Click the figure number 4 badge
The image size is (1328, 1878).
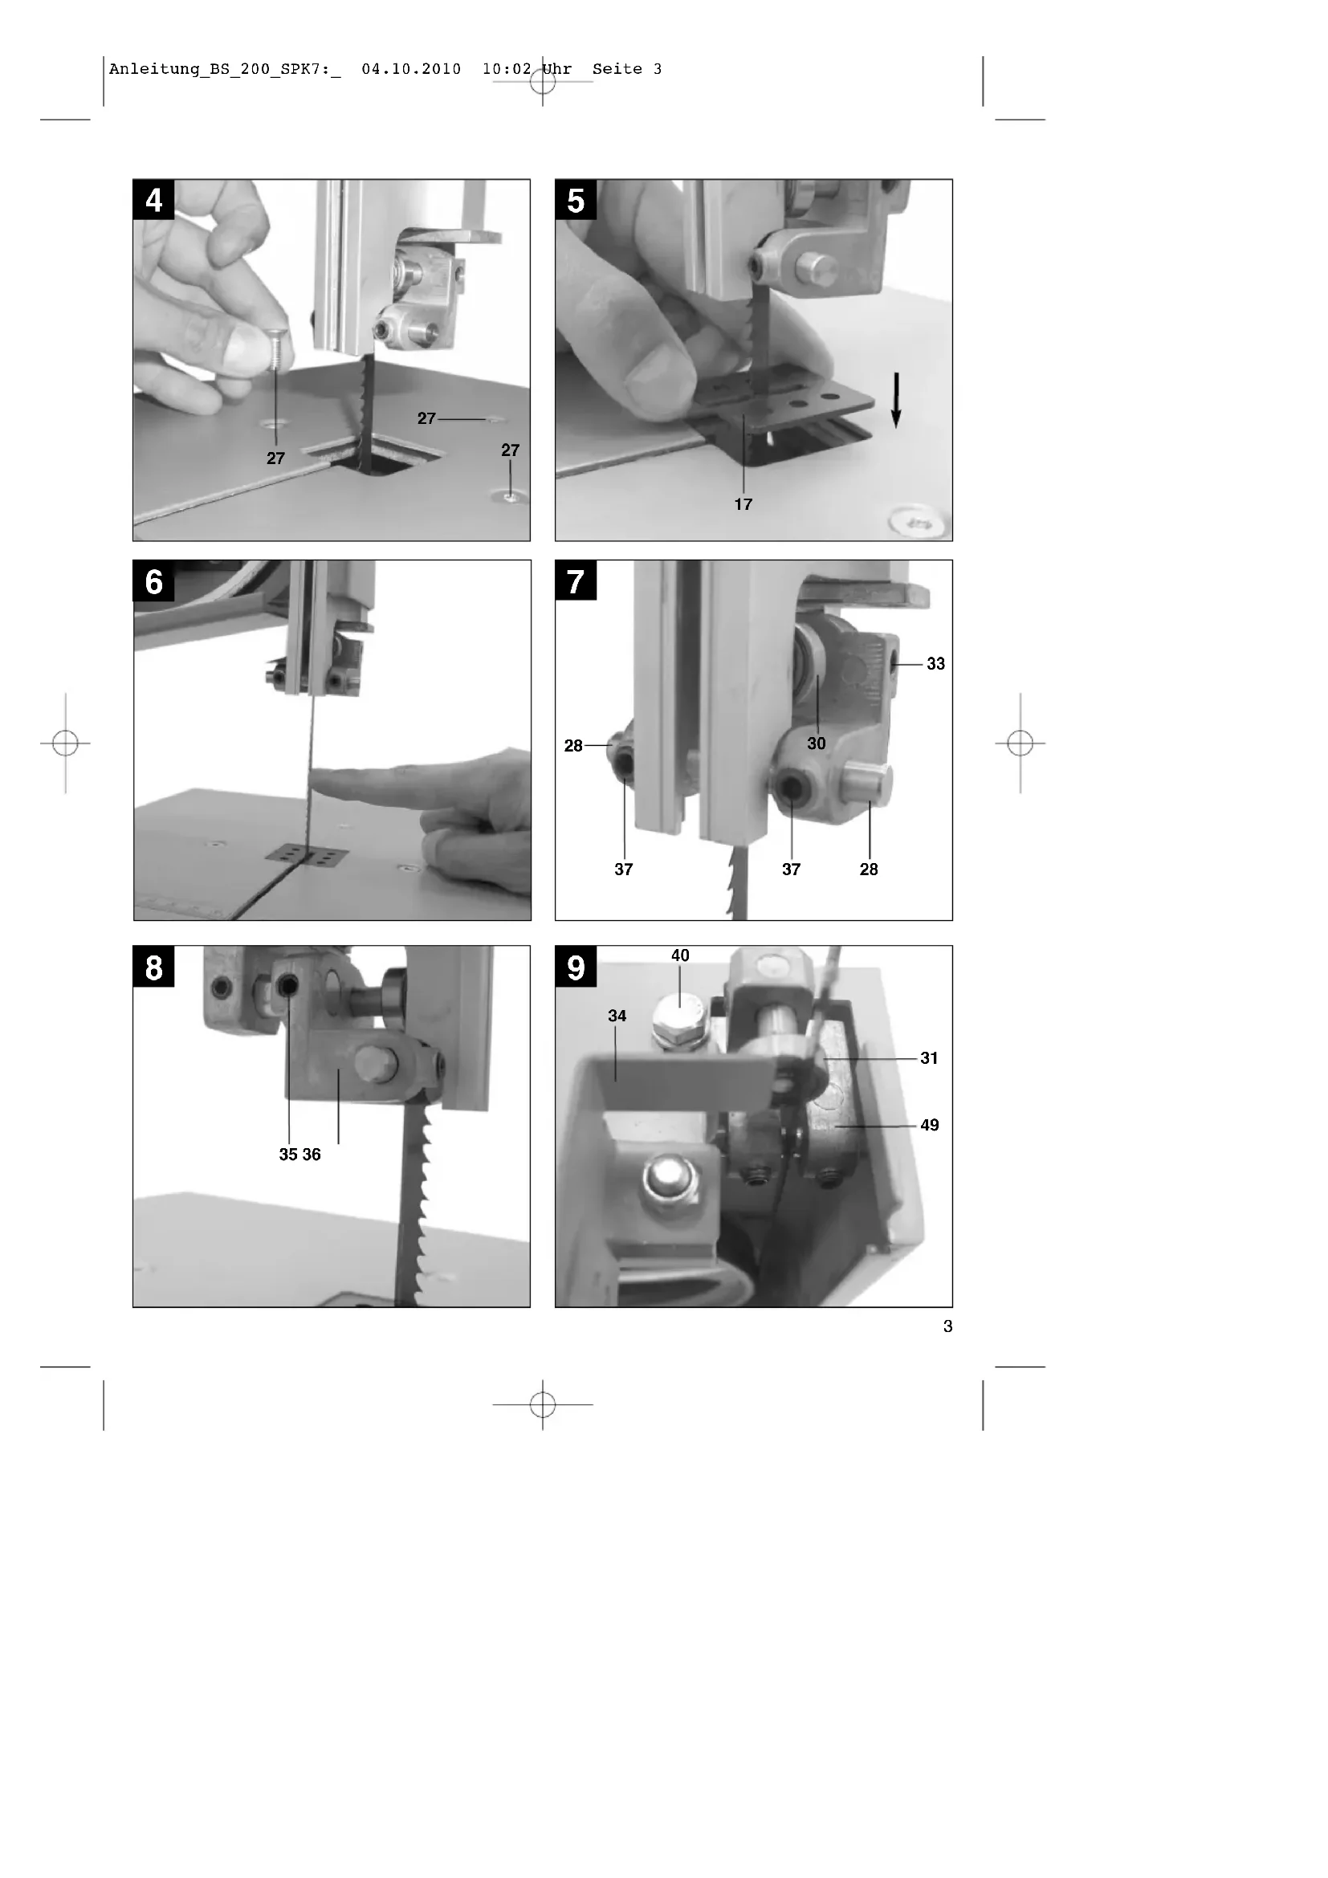pos(153,201)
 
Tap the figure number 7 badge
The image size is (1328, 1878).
pos(576,581)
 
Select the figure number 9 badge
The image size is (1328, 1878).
pos(576,967)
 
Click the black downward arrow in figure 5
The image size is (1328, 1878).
pos(896,400)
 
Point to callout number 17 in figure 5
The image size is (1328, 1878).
pos(743,505)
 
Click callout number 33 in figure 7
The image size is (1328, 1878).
pos(935,664)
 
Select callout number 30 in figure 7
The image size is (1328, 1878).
pos(816,743)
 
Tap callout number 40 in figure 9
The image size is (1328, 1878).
pos(680,955)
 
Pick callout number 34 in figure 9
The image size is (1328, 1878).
pos(617,1016)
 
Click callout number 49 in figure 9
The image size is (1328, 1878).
pos(929,1126)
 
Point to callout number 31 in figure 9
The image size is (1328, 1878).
pos(929,1058)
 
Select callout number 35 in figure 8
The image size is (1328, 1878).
pos(289,1155)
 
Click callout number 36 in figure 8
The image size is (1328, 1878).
pos(312,1155)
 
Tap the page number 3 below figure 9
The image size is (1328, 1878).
pos(947,1326)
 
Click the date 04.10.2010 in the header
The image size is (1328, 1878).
pos(411,70)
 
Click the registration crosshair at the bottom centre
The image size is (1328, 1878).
pos(543,1404)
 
